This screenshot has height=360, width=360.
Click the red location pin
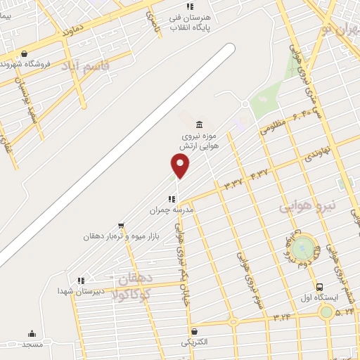coord(181,165)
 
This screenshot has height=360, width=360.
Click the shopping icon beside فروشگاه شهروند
coord(25,54)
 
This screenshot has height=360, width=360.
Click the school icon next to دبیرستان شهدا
coord(82,281)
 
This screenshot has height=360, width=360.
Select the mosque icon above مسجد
coord(32,334)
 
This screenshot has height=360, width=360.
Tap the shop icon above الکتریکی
coord(195,331)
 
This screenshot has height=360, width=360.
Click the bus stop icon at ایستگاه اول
coord(320,287)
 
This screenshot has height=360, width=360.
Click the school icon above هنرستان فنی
coord(190,6)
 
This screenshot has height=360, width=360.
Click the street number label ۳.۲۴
coord(283,318)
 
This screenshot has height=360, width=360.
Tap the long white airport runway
coord(120,155)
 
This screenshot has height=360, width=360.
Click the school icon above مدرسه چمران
coord(172,199)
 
